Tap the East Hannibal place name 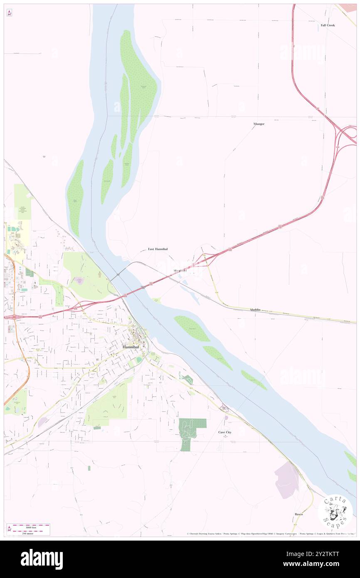point(158,249)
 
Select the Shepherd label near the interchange point(180,270)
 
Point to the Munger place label point(259,124)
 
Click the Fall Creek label point(328,25)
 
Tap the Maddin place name point(255,310)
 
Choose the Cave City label point(225,432)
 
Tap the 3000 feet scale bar point(28,526)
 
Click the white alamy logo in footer point(42,559)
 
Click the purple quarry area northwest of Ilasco point(286,480)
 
